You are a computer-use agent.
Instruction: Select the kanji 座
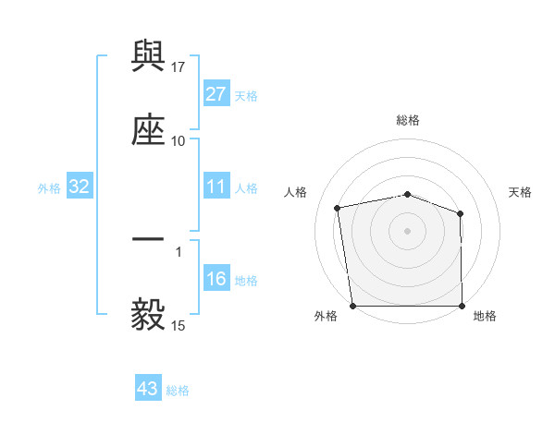(x=148, y=129)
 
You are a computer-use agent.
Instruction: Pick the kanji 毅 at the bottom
(x=148, y=314)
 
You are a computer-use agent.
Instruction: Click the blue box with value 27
(x=216, y=94)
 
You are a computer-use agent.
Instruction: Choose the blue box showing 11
(x=216, y=187)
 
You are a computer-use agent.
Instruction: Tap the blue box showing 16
(x=216, y=280)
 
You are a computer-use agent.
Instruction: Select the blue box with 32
(x=80, y=187)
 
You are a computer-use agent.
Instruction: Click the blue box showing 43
(x=148, y=389)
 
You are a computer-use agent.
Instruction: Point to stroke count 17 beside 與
(x=179, y=66)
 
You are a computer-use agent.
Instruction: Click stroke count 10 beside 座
(x=179, y=140)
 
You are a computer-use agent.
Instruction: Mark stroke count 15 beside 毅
(x=179, y=325)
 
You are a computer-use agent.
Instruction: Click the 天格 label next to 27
(x=246, y=95)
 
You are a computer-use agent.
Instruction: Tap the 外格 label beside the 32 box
(x=49, y=188)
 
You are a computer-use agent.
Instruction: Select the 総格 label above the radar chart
(x=408, y=120)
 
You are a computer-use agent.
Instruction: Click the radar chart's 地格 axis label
(x=485, y=316)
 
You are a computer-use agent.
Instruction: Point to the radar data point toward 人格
(x=338, y=208)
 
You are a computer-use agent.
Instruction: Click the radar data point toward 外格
(x=352, y=306)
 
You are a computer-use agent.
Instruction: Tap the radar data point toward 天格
(x=461, y=213)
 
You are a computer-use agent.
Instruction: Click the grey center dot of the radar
(x=408, y=230)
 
